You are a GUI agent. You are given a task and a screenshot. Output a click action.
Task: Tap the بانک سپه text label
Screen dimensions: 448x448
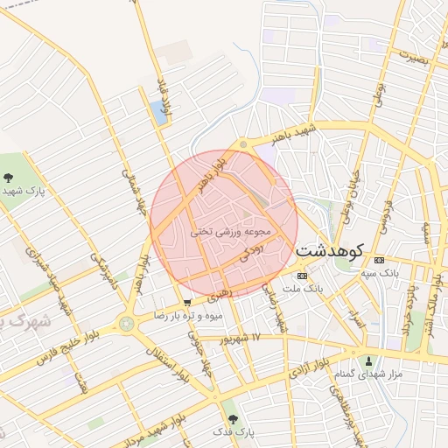[382, 273]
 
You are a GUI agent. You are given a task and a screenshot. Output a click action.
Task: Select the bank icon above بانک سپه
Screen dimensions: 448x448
[379, 260]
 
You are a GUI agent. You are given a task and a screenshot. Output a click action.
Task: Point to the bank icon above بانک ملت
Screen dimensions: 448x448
[303, 276]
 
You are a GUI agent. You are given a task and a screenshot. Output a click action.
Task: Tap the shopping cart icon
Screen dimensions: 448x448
[187, 303]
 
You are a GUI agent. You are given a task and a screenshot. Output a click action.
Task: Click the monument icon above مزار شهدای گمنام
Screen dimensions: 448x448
[368, 361]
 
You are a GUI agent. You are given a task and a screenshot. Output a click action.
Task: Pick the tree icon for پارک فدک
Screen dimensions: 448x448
[232, 420]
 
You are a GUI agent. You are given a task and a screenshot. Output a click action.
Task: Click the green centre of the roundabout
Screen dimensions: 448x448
[128, 325]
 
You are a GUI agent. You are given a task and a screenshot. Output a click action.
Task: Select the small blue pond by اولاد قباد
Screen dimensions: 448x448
[157, 110]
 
